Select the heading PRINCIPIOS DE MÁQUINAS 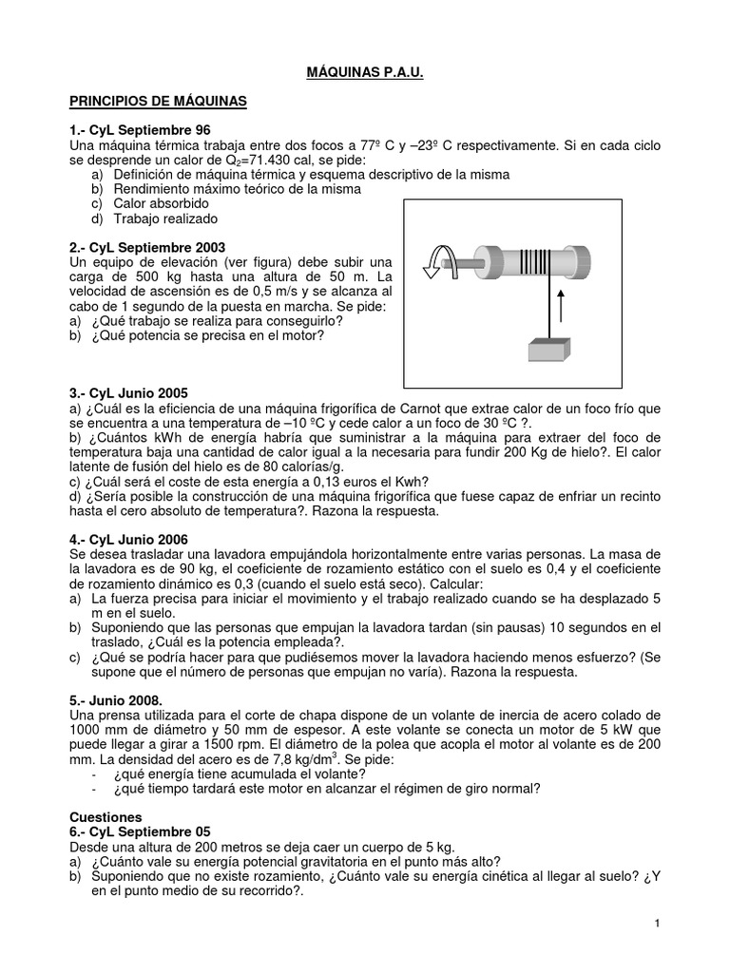pos(159,101)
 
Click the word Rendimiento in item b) pos(155,189)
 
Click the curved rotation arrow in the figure pos(442,259)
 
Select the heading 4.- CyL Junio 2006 pos(134,539)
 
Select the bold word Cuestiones pos(106,816)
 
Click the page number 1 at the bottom pos(657,924)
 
